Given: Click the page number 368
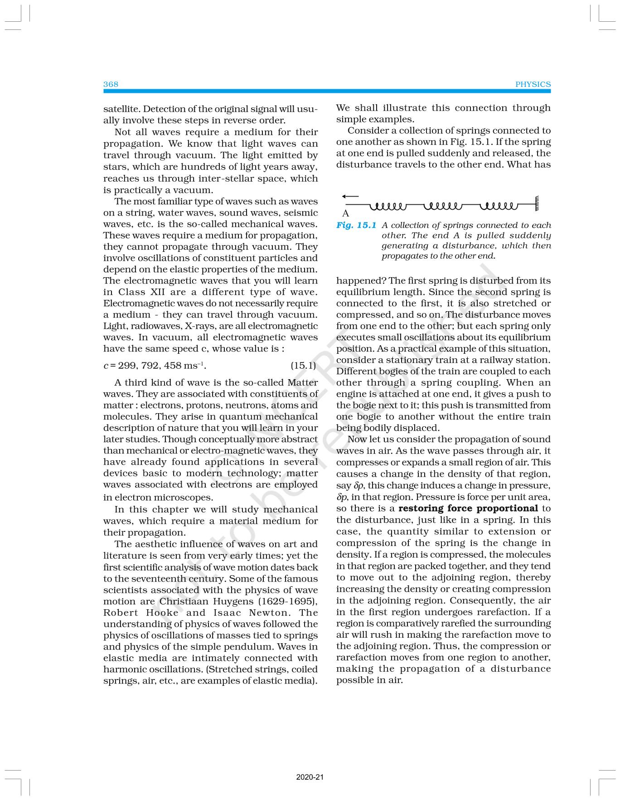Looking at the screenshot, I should (x=111, y=84).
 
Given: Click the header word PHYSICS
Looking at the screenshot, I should (x=533, y=84).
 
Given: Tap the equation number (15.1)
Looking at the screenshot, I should (x=303, y=365).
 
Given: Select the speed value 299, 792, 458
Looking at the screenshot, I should (x=149, y=366).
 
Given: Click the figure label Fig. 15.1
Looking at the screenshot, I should (x=356, y=225).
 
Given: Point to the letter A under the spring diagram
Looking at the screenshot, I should (x=346, y=213).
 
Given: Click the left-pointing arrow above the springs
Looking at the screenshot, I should (x=350, y=197).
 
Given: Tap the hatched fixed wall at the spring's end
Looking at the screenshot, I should (x=537, y=203).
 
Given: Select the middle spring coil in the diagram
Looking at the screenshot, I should (x=442, y=207).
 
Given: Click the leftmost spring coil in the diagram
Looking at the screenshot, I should (x=388, y=207).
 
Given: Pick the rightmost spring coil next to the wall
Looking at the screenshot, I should (x=498, y=207).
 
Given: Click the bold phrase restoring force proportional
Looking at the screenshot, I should (x=468, y=508).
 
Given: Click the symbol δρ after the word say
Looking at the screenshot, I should (x=358, y=486).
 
